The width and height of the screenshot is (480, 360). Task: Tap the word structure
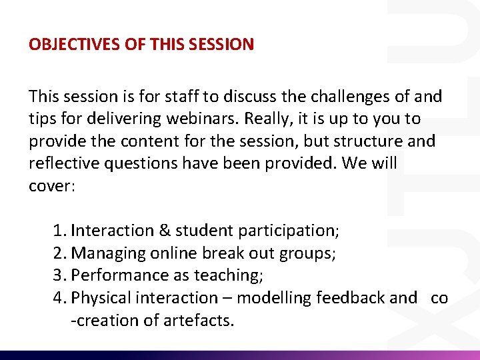click(x=365, y=141)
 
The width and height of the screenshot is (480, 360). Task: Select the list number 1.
click(x=59, y=231)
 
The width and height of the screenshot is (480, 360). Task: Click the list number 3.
click(x=59, y=275)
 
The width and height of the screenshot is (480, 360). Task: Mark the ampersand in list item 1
click(x=165, y=231)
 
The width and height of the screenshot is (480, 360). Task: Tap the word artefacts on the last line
click(x=199, y=321)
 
